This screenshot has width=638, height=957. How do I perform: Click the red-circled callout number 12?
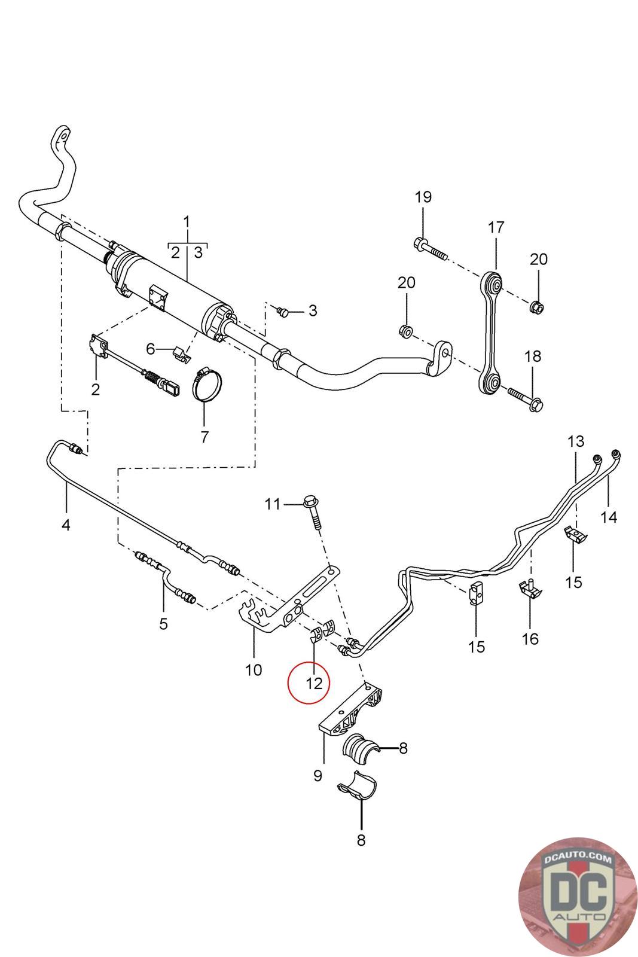(x=314, y=682)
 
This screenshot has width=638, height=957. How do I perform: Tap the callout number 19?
(x=423, y=197)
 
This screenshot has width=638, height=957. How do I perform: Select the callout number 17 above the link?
(x=496, y=227)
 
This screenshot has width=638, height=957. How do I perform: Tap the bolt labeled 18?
(x=524, y=398)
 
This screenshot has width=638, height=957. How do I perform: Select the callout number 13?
(x=575, y=442)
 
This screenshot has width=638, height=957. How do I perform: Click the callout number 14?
(x=609, y=516)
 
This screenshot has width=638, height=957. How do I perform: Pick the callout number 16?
(x=530, y=638)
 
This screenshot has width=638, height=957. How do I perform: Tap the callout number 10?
(x=254, y=669)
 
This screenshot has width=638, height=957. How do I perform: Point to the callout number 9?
(x=318, y=775)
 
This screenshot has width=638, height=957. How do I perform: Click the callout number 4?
(x=66, y=525)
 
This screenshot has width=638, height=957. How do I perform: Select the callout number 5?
(x=163, y=624)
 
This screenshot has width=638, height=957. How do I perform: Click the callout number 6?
(x=150, y=348)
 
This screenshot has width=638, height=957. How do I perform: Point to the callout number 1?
(x=187, y=222)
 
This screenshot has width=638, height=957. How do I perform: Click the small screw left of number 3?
(x=283, y=311)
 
